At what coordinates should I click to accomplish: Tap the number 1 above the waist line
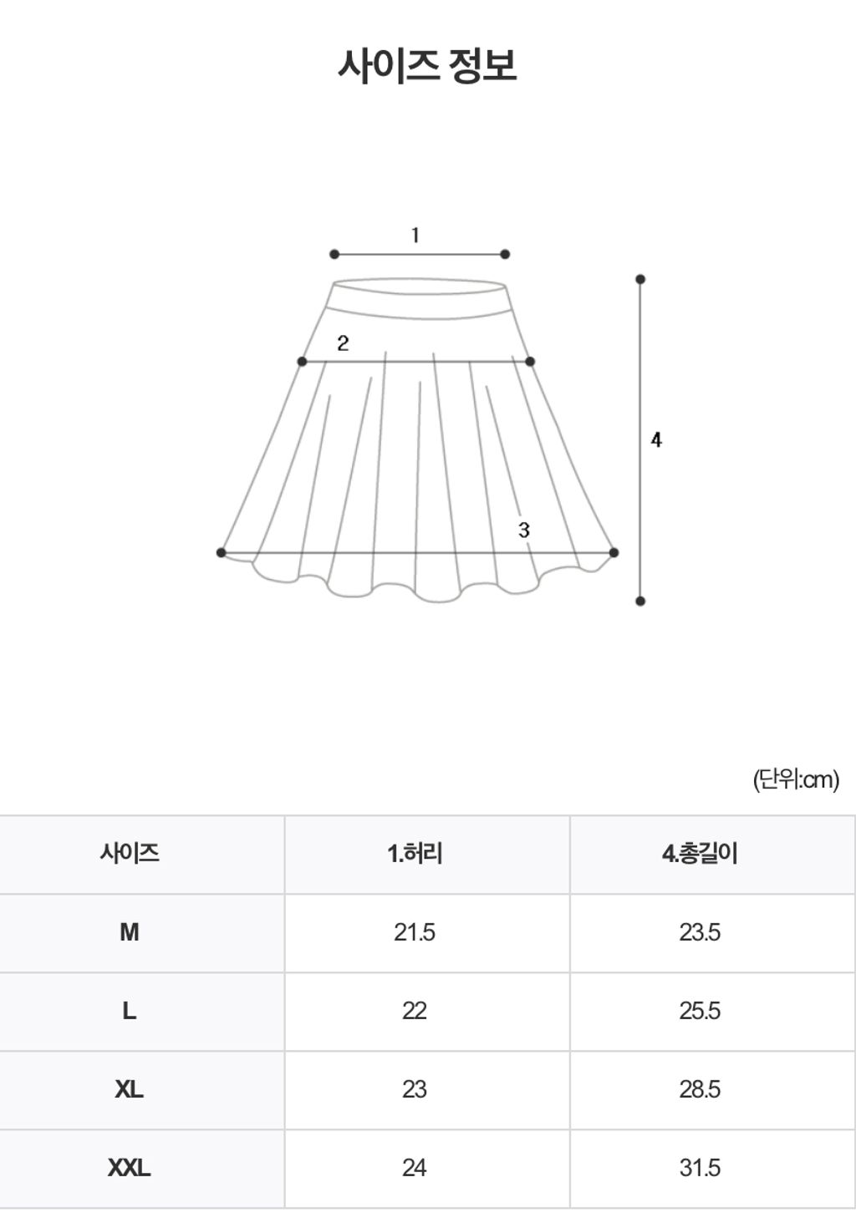(415, 236)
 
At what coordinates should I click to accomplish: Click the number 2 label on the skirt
(343, 343)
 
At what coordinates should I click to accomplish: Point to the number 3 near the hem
(524, 530)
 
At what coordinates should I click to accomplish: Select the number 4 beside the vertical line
(656, 440)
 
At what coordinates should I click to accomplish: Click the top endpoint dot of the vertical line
(640, 280)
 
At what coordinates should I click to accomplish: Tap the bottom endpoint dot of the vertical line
(640, 601)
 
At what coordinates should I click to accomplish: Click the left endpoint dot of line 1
(334, 254)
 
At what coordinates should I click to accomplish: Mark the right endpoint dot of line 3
(614, 552)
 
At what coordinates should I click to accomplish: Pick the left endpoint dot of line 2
(302, 362)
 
